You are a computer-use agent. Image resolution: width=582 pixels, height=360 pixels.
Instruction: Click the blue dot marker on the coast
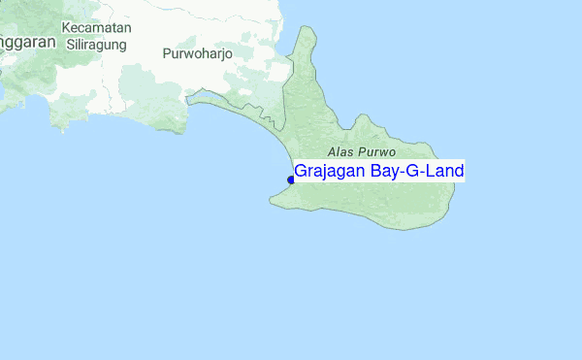tap(291, 179)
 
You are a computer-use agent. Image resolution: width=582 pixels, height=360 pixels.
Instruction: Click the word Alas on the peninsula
tap(342, 152)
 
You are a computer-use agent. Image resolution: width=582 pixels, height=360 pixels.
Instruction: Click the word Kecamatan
tap(96, 27)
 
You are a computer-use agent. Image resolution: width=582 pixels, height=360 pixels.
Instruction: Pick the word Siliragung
tap(97, 43)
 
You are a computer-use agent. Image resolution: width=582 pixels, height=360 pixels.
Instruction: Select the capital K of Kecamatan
tap(67, 27)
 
